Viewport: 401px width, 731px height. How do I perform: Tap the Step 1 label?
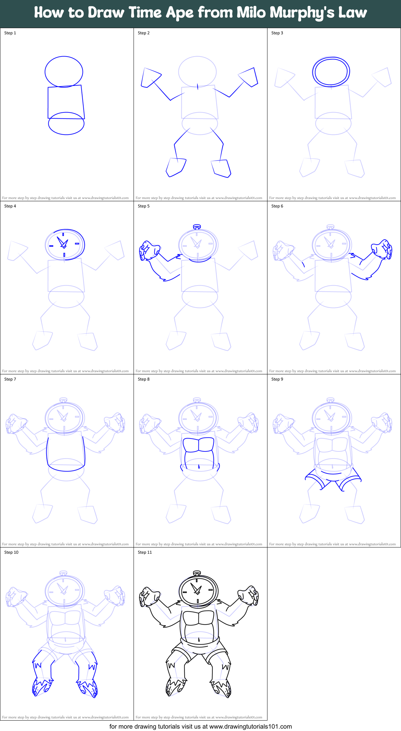click(10, 33)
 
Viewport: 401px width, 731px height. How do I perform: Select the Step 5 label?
click(144, 206)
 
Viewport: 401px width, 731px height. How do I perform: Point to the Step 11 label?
click(145, 552)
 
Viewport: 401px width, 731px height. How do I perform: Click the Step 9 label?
click(277, 379)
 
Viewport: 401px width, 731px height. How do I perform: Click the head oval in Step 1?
click(64, 72)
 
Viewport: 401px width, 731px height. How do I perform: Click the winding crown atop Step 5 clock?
click(197, 227)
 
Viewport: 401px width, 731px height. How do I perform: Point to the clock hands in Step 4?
click(63, 242)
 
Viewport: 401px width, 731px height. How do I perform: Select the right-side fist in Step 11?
click(249, 596)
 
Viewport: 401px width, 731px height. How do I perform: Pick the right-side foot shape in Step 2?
click(221, 168)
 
